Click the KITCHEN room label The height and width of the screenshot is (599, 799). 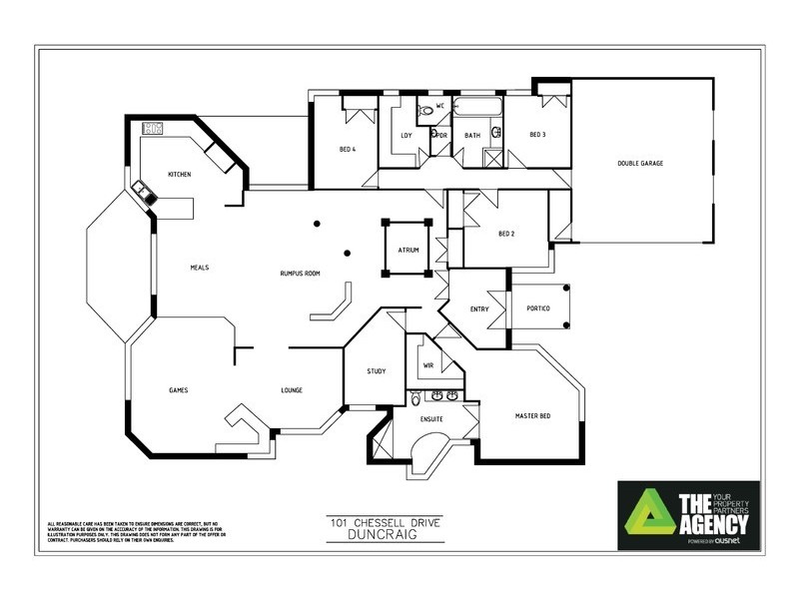tap(180, 175)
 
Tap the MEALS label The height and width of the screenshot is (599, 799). tap(199, 268)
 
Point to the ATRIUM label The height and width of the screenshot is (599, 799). tap(407, 250)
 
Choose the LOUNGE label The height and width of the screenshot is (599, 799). tap(291, 390)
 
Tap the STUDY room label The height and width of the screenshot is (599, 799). tap(377, 371)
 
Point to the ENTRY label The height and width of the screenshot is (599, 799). tap(479, 309)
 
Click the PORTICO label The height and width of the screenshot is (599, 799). tap(538, 309)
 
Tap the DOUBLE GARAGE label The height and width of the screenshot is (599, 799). tap(640, 164)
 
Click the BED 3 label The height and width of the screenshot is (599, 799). tap(537, 135)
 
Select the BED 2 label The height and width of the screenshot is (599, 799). tap(505, 235)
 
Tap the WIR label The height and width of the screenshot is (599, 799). tap(428, 365)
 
